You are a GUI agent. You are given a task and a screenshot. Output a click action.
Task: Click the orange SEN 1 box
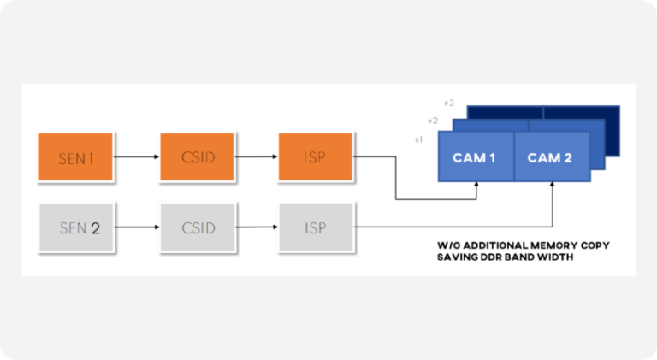coord(76,157)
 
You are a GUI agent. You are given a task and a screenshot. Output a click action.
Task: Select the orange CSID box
coord(198,157)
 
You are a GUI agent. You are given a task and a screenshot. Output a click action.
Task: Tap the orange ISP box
coord(315,157)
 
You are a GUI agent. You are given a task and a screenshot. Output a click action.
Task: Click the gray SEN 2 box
coord(76,227)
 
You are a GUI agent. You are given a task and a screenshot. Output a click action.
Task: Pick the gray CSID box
coord(198,227)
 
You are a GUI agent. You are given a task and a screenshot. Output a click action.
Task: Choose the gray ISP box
coord(315,227)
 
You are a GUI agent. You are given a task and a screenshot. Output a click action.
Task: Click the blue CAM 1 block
coord(475,157)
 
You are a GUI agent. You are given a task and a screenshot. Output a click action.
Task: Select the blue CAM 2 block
coord(550,157)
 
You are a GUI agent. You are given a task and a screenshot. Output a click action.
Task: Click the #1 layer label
coord(418,139)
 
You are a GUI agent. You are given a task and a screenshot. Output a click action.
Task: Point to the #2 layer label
coord(433,121)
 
